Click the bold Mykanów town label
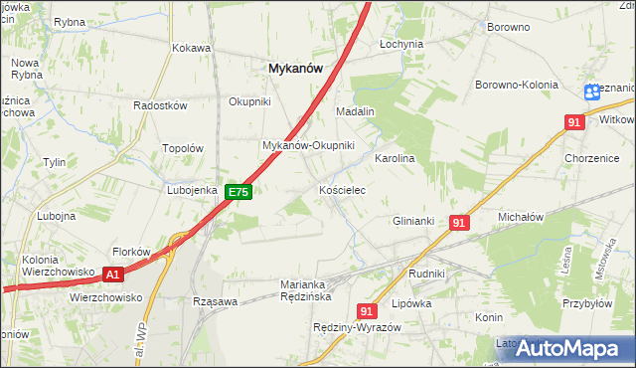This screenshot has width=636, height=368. (x=296, y=68)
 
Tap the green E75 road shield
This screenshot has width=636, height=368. (x=238, y=192)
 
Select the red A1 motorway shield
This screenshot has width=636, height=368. (x=113, y=274)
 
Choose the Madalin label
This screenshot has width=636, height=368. (x=355, y=111)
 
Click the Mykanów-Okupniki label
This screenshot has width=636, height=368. (x=308, y=145)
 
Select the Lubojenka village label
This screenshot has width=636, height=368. (x=192, y=189)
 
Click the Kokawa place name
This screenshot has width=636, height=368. (x=191, y=47)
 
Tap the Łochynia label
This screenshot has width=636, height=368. (x=401, y=45)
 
